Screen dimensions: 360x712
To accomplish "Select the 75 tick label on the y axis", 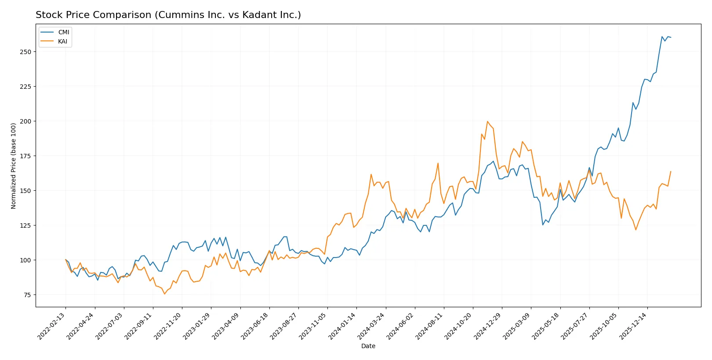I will [27, 295].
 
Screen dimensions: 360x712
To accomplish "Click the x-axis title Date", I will [368, 346].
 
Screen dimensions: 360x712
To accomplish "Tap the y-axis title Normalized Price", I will [14, 166].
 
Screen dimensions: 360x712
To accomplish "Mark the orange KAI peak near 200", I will [487, 122].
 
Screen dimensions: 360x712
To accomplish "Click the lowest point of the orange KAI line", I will [165, 294].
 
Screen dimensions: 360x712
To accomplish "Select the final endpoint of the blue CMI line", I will [671, 37].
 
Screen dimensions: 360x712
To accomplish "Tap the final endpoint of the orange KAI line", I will [671, 171].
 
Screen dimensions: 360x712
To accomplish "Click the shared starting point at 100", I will [66, 260].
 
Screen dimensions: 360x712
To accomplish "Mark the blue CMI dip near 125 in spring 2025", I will [543, 225].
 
